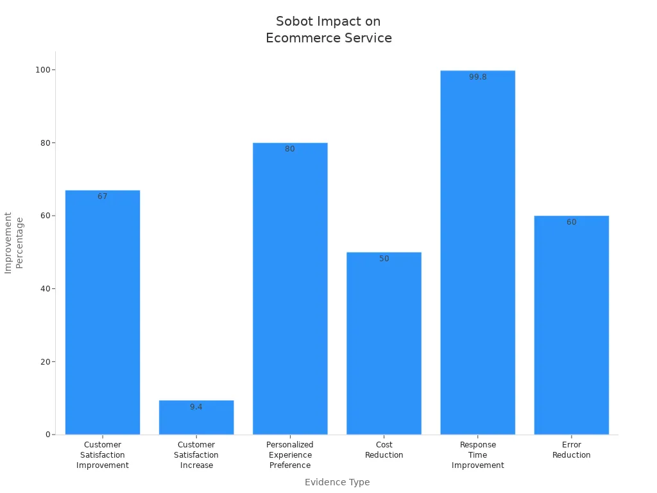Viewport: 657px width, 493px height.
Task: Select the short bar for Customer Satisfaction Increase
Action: [x=196, y=418]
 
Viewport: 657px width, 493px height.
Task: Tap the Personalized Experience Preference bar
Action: [x=290, y=288]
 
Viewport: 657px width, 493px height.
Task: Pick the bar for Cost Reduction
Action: [x=384, y=343]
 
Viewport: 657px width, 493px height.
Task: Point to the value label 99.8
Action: [x=477, y=77]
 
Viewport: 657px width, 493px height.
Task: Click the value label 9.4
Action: [x=196, y=407]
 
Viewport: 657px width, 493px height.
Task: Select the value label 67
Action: [x=103, y=196]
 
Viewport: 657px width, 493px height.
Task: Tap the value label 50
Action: [x=384, y=259]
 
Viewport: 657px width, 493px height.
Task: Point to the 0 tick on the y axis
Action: [x=47, y=435]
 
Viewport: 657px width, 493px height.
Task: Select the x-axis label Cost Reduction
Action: [x=384, y=450]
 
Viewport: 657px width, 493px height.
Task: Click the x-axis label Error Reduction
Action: [x=571, y=450]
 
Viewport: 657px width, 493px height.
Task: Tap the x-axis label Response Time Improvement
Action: [x=477, y=455]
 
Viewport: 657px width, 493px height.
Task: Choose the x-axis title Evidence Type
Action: [x=337, y=482]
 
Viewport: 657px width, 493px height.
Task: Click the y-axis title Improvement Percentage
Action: [x=13, y=243]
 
